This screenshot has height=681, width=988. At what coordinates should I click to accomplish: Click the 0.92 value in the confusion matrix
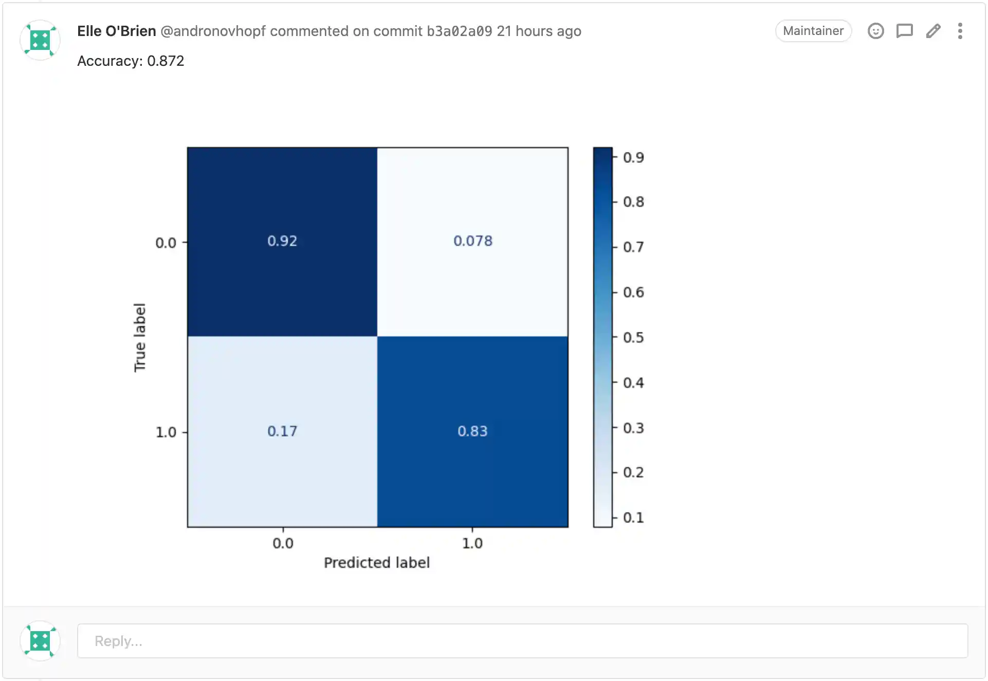click(x=282, y=241)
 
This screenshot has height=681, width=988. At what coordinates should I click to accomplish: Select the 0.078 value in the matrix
click(x=472, y=241)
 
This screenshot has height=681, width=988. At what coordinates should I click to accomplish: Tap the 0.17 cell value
click(x=282, y=431)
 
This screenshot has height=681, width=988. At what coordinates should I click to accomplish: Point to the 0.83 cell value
click(x=472, y=431)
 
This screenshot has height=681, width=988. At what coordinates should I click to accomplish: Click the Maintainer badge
click(x=813, y=31)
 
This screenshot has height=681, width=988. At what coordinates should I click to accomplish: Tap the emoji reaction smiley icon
click(x=875, y=31)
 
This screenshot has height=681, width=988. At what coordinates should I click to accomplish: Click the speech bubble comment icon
click(x=904, y=31)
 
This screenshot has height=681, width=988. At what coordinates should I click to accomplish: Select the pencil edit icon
click(x=933, y=31)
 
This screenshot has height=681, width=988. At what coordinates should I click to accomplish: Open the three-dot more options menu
click(x=960, y=31)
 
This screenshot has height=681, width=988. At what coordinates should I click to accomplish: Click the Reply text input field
click(x=522, y=641)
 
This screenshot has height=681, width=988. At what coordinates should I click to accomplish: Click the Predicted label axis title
click(x=377, y=563)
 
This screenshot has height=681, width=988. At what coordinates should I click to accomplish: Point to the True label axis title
click(x=140, y=337)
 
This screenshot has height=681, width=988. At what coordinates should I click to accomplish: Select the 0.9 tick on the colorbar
click(x=633, y=157)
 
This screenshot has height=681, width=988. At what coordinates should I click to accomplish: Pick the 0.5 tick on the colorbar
click(x=633, y=337)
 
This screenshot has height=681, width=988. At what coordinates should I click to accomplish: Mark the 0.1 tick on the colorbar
click(x=633, y=517)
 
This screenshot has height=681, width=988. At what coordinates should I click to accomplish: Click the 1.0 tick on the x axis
click(x=472, y=543)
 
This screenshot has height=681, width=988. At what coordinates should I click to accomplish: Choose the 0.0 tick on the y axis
click(x=166, y=243)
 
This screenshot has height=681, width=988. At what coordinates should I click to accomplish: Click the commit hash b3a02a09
click(x=459, y=31)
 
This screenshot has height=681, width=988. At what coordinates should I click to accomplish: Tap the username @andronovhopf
click(x=213, y=31)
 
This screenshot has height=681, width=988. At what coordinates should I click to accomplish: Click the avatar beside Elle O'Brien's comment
click(x=40, y=40)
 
